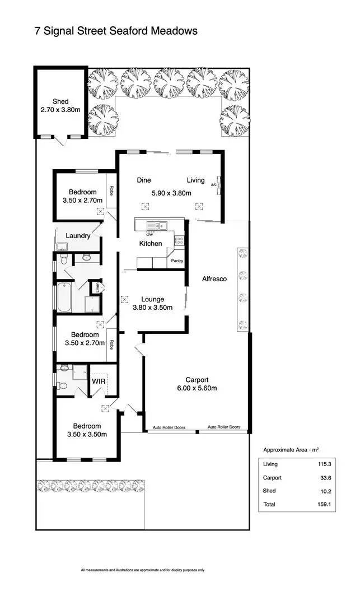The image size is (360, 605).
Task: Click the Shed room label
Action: tap(60, 101)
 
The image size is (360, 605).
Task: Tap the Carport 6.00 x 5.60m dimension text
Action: tap(197, 388)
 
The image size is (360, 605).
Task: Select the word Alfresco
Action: tap(214, 279)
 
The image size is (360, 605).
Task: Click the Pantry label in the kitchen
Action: tap(177, 261)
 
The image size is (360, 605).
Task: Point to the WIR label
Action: tap(99, 380)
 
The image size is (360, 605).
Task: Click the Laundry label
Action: tap(78, 236)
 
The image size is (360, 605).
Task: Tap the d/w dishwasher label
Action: tap(151, 234)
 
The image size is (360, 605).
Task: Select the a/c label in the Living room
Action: tap(213, 184)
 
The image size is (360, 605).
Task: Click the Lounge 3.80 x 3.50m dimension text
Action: tap(152, 308)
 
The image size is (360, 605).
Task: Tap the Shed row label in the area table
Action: tap(270, 491)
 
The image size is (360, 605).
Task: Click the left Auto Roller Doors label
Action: tap(170, 428)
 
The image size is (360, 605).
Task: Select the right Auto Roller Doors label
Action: tap(224, 427)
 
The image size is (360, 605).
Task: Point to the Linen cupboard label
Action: tap(97, 288)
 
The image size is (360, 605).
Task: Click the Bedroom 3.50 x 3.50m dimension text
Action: tap(86, 434)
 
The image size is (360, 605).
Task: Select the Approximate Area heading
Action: tap(291, 450)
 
